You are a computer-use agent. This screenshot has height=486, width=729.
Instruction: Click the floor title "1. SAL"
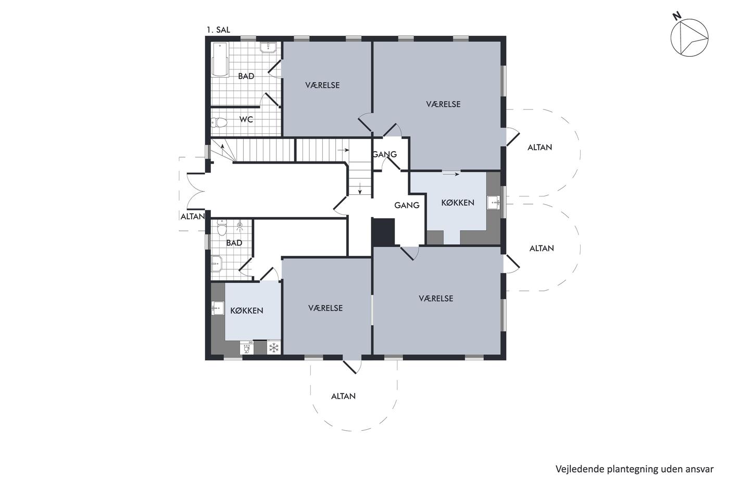coord(218,30)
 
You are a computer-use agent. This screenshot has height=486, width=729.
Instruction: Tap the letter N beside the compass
coord(676,16)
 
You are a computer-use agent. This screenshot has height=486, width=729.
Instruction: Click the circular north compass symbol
coord(689,38)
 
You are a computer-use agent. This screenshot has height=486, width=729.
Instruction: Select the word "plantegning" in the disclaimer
coord(620,469)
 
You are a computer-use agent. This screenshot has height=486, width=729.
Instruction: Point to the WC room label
coord(246,119)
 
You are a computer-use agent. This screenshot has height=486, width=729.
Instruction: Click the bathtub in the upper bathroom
coord(220,59)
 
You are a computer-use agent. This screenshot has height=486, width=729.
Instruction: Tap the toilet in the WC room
coord(219,122)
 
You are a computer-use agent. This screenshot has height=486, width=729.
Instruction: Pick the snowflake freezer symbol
coord(274,347)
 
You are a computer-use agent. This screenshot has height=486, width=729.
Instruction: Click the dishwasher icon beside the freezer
coord(247,347)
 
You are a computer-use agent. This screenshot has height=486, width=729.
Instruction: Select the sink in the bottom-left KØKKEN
coord(218,308)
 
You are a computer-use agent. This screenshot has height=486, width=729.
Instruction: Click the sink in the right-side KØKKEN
coord(494,203)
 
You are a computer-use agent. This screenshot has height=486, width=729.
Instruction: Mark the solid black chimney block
coord(383,232)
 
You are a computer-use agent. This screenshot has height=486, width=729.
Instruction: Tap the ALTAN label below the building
coord(343,396)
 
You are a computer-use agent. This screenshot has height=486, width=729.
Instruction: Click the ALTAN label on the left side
coord(193,217)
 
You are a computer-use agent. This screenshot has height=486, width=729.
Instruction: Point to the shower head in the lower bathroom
coord(240,225)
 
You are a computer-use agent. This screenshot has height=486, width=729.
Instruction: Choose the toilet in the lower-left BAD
coord(222,228)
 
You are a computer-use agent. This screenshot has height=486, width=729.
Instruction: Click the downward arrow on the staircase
coord(360,189)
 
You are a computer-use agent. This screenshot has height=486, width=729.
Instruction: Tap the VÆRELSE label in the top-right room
coord(443,104)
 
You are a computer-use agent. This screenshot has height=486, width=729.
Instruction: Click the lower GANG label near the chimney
coord(407,205)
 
